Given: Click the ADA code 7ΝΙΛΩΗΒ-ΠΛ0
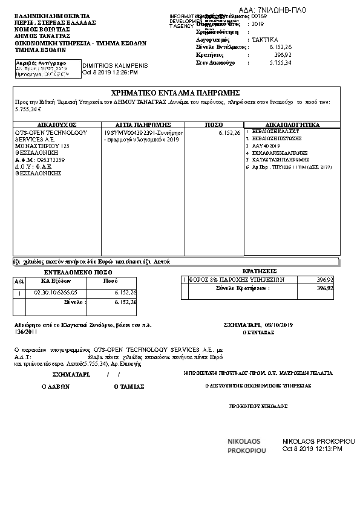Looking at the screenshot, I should [x=273, y=10].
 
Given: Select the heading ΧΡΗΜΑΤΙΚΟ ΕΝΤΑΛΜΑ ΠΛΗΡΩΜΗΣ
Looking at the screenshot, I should [x=177, y=93].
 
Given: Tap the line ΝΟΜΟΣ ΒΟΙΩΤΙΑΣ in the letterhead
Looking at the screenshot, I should [x=42, y=28].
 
